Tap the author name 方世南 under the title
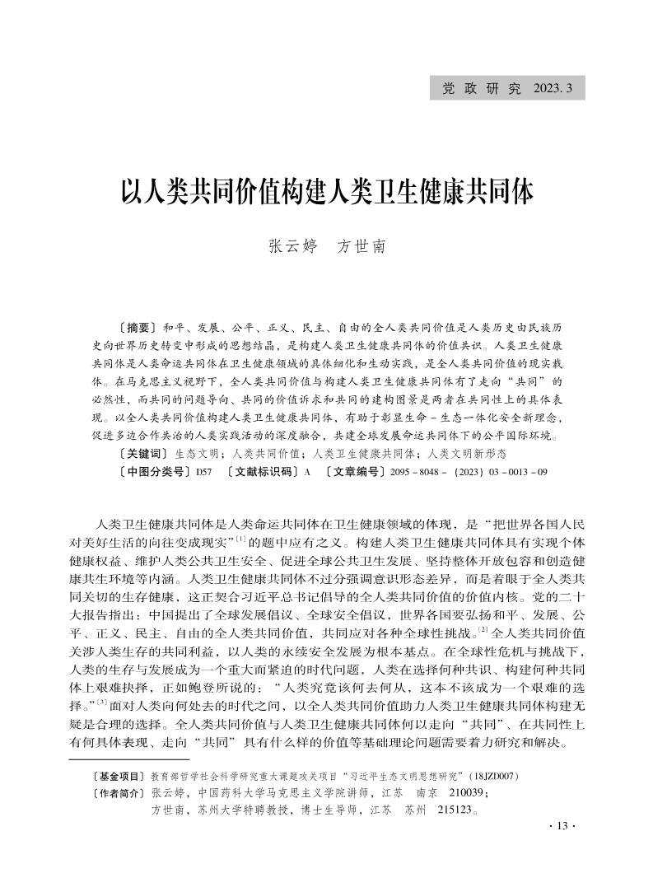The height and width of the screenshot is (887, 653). point(361,247)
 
